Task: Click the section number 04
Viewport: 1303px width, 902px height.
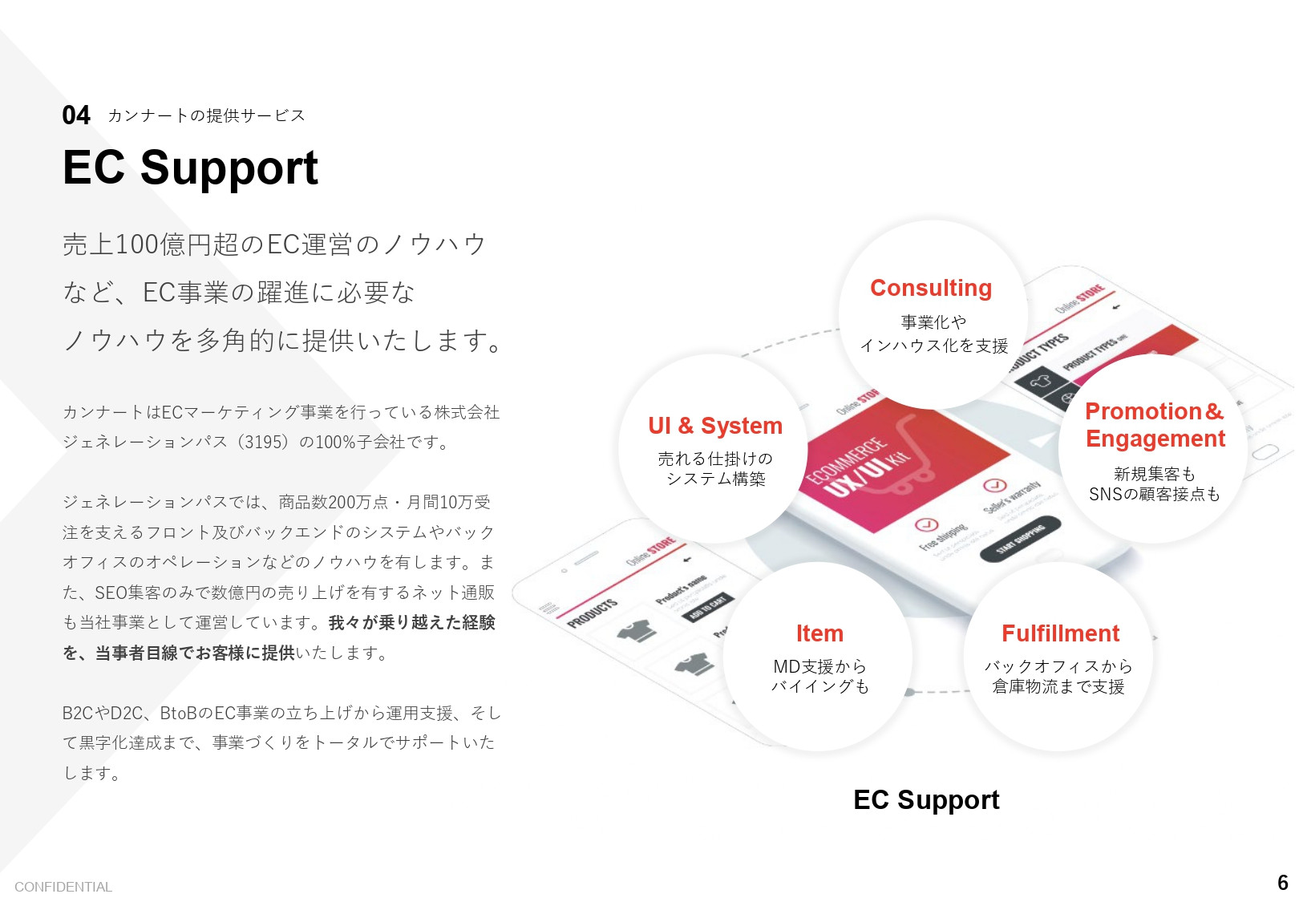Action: pyautogui.click(x=76, y=115)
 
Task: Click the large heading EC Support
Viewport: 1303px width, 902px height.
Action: pyautogui.click(x=190, y=168)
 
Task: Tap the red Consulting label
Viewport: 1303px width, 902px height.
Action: pyautogui.click(x=930, y=288)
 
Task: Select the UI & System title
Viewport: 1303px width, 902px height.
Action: pyautogui.click(x=714, y=426)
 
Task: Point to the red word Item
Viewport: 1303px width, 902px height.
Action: pyautogui.click(x=819, y=633)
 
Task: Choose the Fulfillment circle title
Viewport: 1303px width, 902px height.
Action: pyautogui.click(x=1059, y=633)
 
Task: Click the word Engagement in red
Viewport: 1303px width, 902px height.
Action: pyautogui.click(x=1155, y=439)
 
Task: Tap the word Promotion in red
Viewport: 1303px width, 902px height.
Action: pyautogui.click(x=1143, y=411)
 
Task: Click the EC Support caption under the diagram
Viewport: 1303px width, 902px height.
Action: pyautogui.click(x=926, y=799)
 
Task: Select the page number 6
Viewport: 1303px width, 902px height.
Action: pyautogui.click(x=1282, y=883)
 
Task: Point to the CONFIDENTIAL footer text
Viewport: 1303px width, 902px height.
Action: pyautogui.click(x=63, y=887)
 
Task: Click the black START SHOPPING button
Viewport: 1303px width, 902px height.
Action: pyautogui.click(x=1021, y=540)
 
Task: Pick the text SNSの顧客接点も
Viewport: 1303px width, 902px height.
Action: pyautogui.click(x=1154, y=495)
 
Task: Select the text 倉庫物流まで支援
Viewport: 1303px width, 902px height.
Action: pyautogui.click(x=1058, y=687)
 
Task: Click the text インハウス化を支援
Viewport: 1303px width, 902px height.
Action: pyautogui.click(x=933, y=346)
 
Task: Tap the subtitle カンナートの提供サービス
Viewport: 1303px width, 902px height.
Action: pyautogui.click(x=206, y=115)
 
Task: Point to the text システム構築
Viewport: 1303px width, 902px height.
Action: pyautogui.click(x=715, y=479)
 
